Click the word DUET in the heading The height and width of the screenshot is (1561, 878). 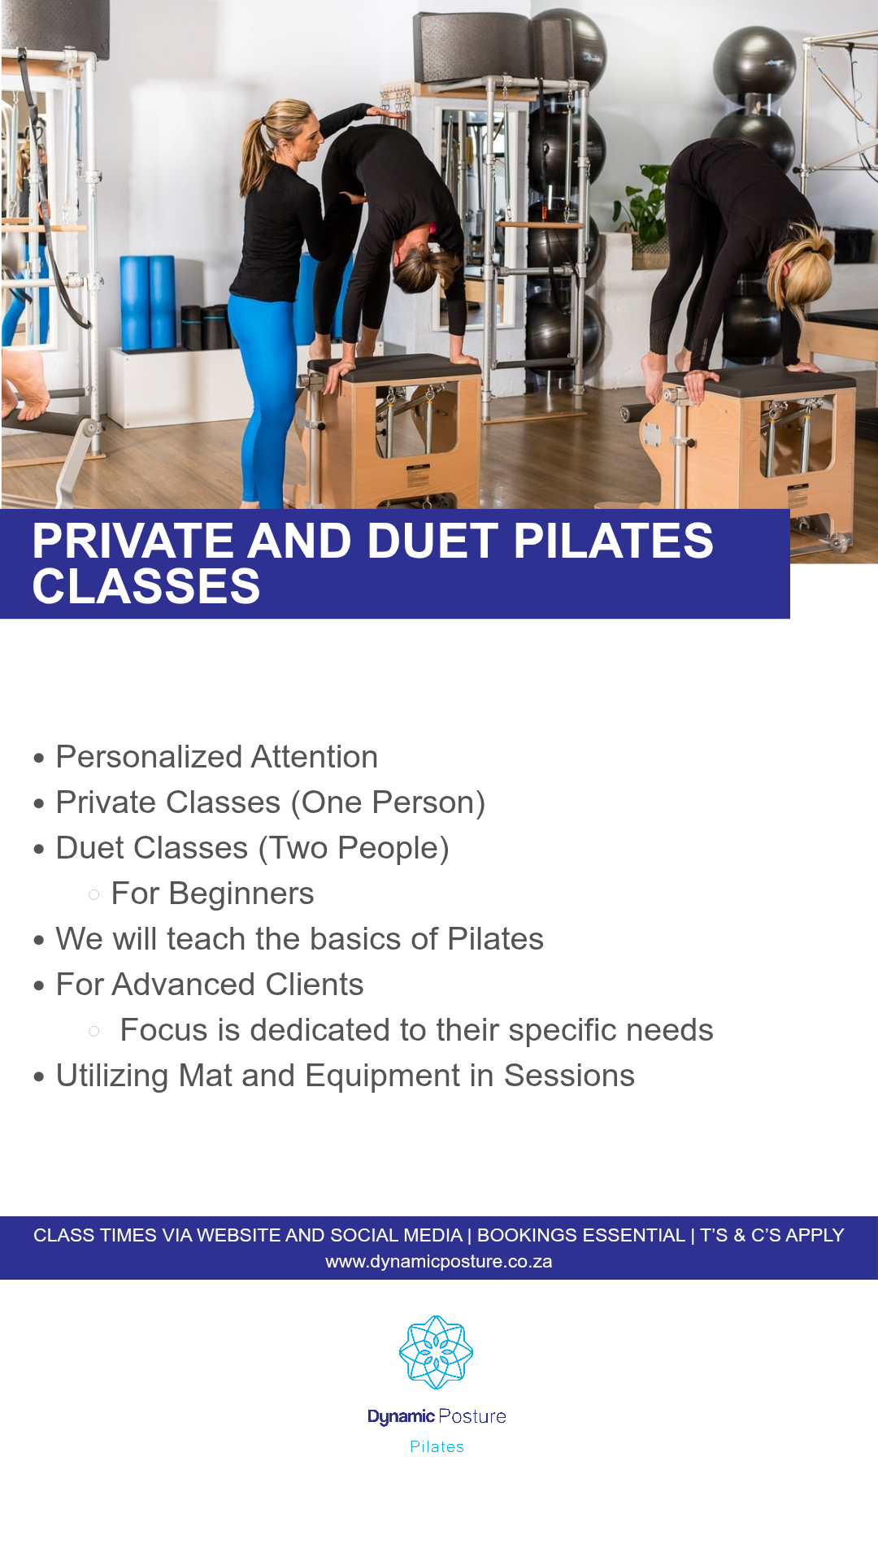(432, 541)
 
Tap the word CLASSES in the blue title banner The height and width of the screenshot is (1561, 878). (146, 587)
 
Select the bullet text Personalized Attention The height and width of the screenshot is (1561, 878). (216, 757)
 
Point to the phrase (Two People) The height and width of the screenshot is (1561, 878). (354, 848)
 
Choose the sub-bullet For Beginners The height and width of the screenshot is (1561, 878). (212, 894)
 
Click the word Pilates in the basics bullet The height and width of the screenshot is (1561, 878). (495, 939)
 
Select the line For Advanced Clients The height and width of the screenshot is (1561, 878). (210, 985)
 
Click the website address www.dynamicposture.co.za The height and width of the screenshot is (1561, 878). (439, 1262)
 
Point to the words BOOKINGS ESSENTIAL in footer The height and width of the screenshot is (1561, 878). (580, 1235)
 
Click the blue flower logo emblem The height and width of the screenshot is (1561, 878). (437, 1352)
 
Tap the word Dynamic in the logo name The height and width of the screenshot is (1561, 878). (401, 1416)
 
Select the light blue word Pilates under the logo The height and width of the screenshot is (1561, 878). (437, 1447)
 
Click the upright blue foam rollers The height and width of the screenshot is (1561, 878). (148, 301)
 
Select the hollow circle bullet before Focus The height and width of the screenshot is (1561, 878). (94, 1031)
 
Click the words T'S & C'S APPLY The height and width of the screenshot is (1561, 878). (772, 1235)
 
